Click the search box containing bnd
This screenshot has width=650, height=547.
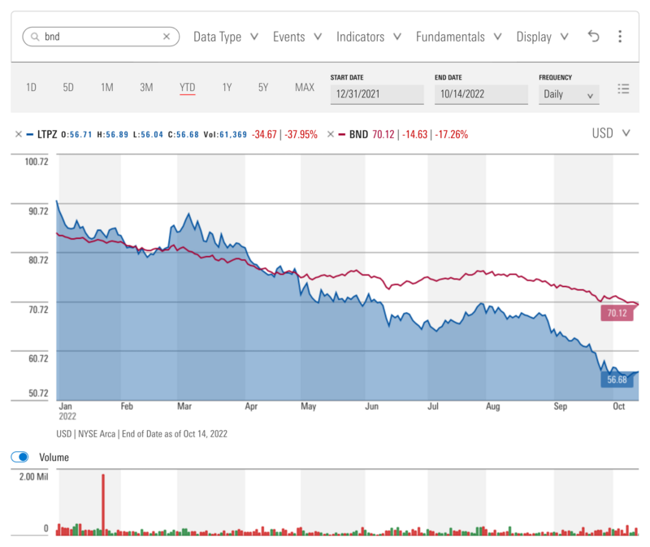click(x=101, y=37)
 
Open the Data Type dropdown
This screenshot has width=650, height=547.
click(x=226, y=37)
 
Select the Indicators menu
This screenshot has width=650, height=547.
click(x=369, y=37)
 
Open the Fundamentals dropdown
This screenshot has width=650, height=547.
click(x=458, y=37)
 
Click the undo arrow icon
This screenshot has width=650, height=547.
click(x=593, y=37)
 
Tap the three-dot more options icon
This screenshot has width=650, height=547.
click(x=620, y=37)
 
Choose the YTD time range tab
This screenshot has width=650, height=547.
click(x=188, y=88)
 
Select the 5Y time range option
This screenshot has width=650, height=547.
click(x=263, y=88)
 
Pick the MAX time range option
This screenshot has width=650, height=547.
click(x=305, y=88)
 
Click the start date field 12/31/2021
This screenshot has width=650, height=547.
click(x=377, y=94)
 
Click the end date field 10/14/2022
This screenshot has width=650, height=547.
click(x=481, y=94)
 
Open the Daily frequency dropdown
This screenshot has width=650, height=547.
click(x=569, y=94)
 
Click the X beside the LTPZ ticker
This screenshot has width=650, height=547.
click(x=18, y=134)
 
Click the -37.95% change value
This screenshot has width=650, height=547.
click(x=301, y=134)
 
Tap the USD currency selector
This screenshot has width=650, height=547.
click(x=611, y=133)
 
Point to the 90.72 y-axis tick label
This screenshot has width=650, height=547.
click(x=38, y=211)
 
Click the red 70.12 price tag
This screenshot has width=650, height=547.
click(x=617, y=313)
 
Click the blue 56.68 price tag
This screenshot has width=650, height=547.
click(x=617, y=380)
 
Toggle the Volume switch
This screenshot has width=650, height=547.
click(x=19, y=457)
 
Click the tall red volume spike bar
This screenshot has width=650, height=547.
click(x=103, y=505)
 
